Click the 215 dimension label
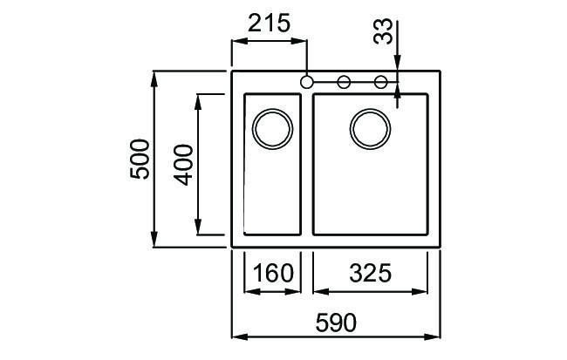pos(269,24)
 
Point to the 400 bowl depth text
pos(183,164)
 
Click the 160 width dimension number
pos(271,274)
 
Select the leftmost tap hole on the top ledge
pos(306,82)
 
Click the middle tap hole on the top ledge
pos(344,82)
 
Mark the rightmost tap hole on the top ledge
pos(381,82)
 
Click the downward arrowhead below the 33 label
pos(398,65)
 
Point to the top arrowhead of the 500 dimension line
pos(154,78)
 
